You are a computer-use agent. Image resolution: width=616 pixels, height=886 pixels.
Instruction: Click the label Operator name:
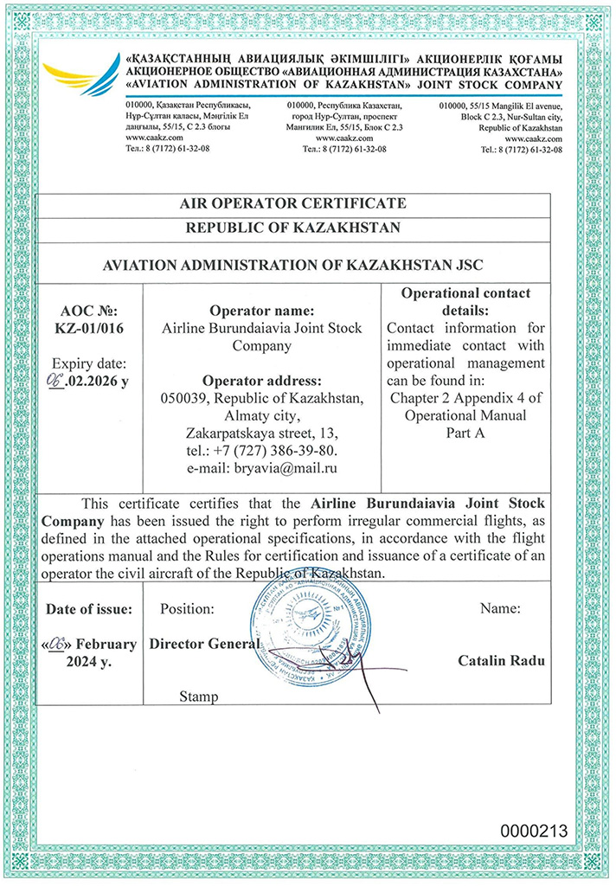[x=262, y=311]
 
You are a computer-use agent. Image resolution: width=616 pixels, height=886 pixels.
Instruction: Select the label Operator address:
[x=262, y=381]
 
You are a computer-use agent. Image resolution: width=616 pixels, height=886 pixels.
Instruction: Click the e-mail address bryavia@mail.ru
[x=262, y=468]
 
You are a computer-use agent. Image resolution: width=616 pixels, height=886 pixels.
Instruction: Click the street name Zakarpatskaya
[x=228, y=433]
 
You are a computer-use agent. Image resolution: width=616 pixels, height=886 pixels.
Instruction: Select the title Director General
[x=204, y=645]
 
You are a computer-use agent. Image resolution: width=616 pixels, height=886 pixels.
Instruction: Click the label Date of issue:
[x=89, y=609]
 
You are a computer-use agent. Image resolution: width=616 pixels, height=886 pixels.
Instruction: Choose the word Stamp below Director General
[x=198, y=697]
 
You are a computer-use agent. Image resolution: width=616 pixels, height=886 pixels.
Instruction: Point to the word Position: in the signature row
[x=187, y=609]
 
